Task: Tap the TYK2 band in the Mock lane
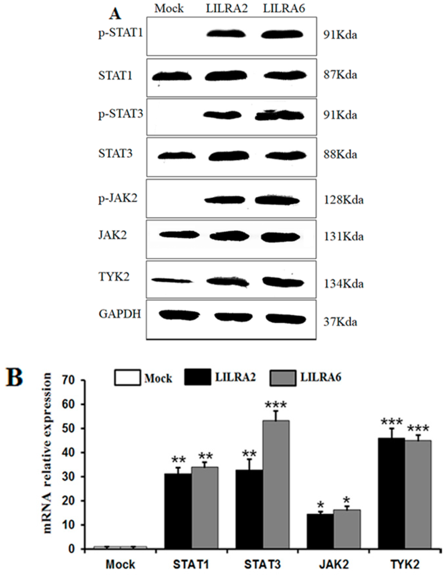click(171, 281)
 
